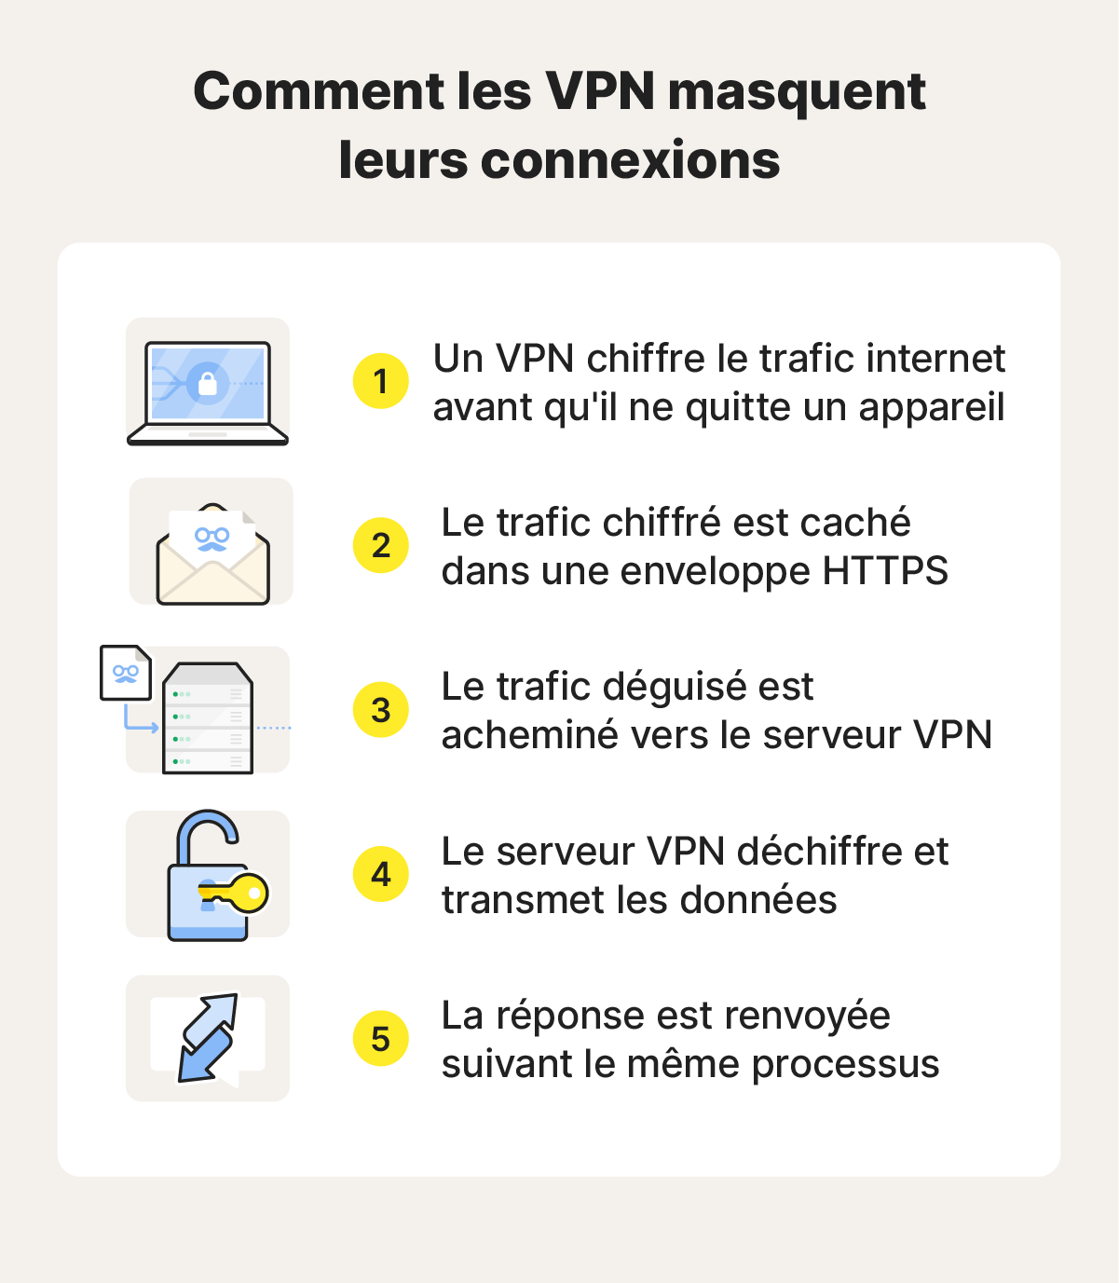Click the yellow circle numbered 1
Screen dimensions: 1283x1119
click(x=380, y=381)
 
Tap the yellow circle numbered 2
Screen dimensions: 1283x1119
click(x=380, y=545)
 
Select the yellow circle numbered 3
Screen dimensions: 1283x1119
click(x=380, y=710)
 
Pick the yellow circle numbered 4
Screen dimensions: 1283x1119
click(x=380, y=874)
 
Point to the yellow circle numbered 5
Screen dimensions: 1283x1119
click(x=380, y=1039)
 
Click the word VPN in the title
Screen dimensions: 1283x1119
click(x=601, y=91)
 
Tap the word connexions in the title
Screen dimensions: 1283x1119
click(x=630, y=160)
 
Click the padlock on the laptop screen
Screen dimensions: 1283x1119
click(x=208, y=383)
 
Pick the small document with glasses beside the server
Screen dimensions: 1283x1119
click(x=126, y=672)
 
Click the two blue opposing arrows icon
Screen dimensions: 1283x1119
click(x=207, y=1038)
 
